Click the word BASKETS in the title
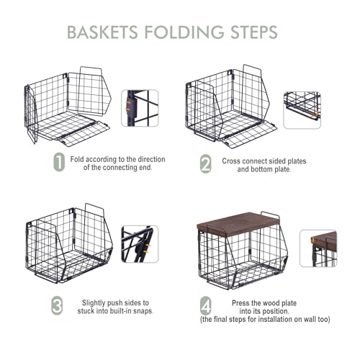click(x=102, y=32)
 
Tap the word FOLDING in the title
click(x=184, y=32)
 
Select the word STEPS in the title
click(x=254, y=32)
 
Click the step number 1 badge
click(x=59, y=162)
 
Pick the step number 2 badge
click(x=206, y=163)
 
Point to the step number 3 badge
click(x=57, y=306)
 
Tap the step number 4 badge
click(x=206, y=306)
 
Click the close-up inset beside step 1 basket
click(x=140, y=108)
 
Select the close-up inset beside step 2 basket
click(x=302, y=110)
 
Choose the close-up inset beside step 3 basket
click(x=140, y=244)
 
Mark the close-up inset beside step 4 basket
click(x=318, y=248)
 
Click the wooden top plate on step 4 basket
click(x=239, y=222)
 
